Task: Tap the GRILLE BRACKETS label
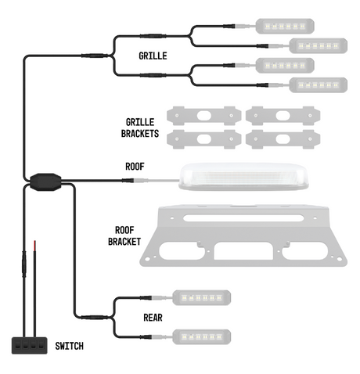click(x=142, y=128)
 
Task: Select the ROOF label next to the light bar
click(x=135, y=166)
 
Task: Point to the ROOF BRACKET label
click(x=123, y=236)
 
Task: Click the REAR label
click(x=153, y=318)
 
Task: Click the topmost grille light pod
click(x=283, y=27)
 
